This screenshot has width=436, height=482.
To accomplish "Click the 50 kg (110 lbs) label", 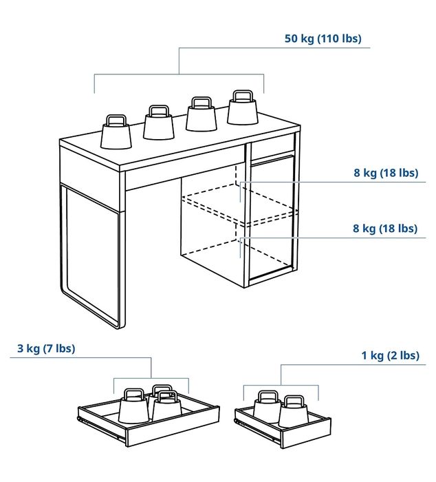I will tap(323, 39).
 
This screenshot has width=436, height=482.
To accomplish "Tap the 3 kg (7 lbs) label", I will tap(46, 348).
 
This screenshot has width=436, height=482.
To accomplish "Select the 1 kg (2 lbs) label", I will tap(390, 355).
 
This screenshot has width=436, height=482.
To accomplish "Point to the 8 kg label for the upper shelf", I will tap(385, 173).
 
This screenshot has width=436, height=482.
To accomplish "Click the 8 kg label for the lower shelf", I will tap(385, 228).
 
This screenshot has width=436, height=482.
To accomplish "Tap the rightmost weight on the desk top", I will tap(242, 110).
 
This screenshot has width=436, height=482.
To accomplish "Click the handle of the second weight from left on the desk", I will tap(159, 110).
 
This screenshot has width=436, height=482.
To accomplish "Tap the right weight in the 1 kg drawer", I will tap(294, 412).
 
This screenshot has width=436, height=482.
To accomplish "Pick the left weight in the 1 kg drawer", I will tap(267, 408).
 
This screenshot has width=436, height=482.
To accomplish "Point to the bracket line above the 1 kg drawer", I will tap(281, 386).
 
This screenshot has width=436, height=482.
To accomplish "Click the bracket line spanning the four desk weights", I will tap(179, 74).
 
